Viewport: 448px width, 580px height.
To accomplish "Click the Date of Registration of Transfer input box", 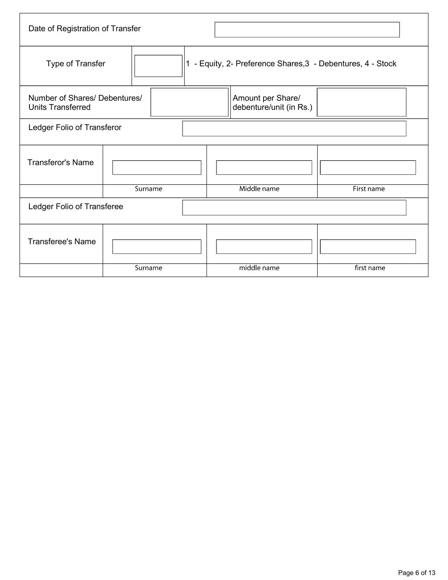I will pyautogui.click(x=307, y=30).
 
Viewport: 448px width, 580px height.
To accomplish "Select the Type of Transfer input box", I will pyautogui.click(x=158, y=66).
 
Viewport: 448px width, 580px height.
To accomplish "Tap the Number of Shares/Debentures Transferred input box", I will pyautogui.click(x=189, y=102).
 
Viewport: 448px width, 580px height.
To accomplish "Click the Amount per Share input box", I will pyautogui.click(x=361, y=102).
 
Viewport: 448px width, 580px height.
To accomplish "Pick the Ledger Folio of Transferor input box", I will pyautogui.click(x=294, y=128).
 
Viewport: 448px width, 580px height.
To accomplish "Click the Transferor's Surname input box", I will pyautogui.click(x=157, y=167).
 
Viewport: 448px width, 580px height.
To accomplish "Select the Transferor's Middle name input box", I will pyautogui.click(x=264, y=167).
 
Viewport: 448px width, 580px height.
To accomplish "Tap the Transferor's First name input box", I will pyautogui.click(x=368, y=167).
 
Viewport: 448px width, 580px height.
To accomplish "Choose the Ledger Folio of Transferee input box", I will pyautogui.click(x=294, y=207).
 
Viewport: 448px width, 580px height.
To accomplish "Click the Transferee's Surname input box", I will pyautogui.click(x=157, y=246).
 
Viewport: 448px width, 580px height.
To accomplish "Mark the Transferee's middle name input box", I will pyautogui.click(x=264, y=246).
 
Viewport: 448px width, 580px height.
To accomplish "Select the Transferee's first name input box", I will pyautogui.click(x=368, y=246).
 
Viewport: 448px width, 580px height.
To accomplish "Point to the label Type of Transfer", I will pyautogui.click(x=76, y=64).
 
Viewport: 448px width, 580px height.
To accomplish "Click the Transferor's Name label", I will pyautogui.click(x=60, y=162).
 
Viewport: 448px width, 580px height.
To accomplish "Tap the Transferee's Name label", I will pyautogui.click(x=61, y=241).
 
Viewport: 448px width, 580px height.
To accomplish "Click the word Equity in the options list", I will pyautogui.click(x=210, y=64).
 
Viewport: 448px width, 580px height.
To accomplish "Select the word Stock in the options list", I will pyautogui.click(x=386, y=64).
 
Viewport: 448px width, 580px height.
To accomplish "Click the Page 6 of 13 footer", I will pyautogui.click(x=416, y=573).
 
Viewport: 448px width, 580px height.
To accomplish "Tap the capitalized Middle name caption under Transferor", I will pyautogui.click(x=259, y=189).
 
